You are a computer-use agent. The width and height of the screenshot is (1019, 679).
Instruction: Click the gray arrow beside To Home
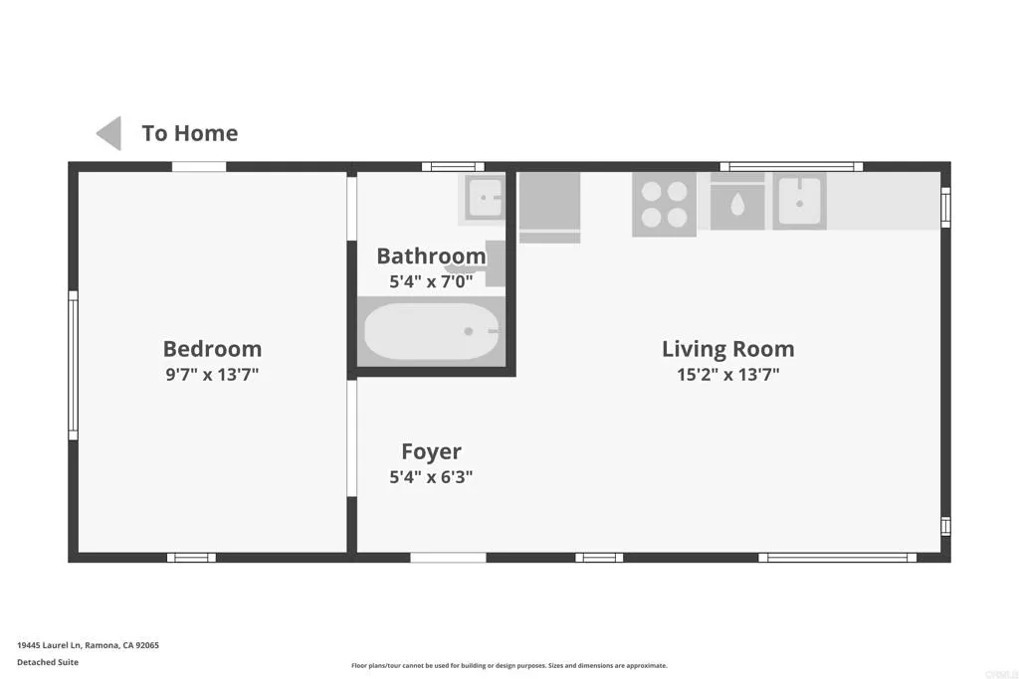tap(109, 133)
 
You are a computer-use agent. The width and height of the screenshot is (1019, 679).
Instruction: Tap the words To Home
tap(189, 133)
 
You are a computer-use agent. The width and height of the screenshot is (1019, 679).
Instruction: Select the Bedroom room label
tap(212, 349)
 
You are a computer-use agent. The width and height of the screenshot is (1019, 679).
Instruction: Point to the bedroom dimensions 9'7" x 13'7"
tap(212, 375)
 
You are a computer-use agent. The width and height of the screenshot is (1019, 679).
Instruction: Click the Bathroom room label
tap(431, 256)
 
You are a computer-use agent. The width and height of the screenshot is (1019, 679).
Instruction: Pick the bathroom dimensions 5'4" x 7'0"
tap(431, 281)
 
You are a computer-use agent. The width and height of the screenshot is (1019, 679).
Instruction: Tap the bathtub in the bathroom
tap(431, 331)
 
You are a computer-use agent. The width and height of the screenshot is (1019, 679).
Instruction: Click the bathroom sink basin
tap(485, 198)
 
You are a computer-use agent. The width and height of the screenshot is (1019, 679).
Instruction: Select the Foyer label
tap(431, 452)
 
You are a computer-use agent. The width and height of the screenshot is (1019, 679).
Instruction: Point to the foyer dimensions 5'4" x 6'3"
tap(431, 477)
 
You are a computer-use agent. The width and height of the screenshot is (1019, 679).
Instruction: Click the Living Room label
tap(727, 349)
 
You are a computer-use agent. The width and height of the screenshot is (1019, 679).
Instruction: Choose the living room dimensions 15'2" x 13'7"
tap(727, 375)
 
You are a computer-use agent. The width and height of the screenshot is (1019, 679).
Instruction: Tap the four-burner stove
tap(664, 205)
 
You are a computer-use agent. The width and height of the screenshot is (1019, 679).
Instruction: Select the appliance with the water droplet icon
tap(737, 205)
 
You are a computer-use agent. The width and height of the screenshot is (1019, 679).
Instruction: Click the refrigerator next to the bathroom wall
tap(549, 203)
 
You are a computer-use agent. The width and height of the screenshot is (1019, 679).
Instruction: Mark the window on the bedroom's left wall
tap(73, 365)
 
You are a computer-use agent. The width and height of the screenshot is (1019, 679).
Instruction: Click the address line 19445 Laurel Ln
tap(88, 645)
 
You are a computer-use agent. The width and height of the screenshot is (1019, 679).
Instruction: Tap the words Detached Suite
tap(48, 662)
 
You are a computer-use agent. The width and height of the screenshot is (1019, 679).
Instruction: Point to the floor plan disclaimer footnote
tap(509, 666)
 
